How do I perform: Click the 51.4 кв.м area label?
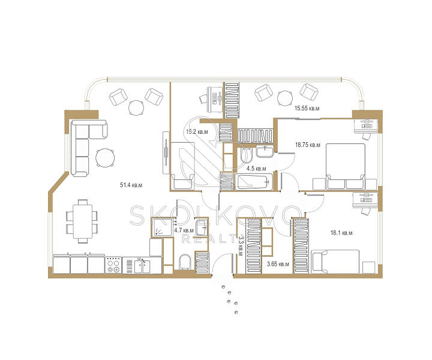(x=131, y=185)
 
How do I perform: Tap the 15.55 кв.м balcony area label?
(x=307, y=108)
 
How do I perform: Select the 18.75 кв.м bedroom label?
(x=307, y=145)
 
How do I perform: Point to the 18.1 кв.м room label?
(x=341, y=233)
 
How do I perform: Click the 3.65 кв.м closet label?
(x=278, y=264)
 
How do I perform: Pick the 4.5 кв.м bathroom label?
(x=256, y=169)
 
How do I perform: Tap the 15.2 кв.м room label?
(x=197, y=131)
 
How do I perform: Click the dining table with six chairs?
(x=82, y=221)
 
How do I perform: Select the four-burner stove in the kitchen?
(x=113, y=265)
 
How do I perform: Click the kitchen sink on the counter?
(x=142, y=266)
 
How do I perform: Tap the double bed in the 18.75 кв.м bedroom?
(x=346, y=166)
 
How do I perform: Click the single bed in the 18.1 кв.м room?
(x=335, y=262)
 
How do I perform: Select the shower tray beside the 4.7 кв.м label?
(x=163, y=227)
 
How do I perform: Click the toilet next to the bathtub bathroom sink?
(x=246, y=156)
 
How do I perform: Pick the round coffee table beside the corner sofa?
(x=105, y=158)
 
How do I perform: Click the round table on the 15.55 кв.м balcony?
(x=285, y=98)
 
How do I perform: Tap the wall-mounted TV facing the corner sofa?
(x=166, y=152)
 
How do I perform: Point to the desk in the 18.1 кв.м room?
(x=365, y=200)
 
